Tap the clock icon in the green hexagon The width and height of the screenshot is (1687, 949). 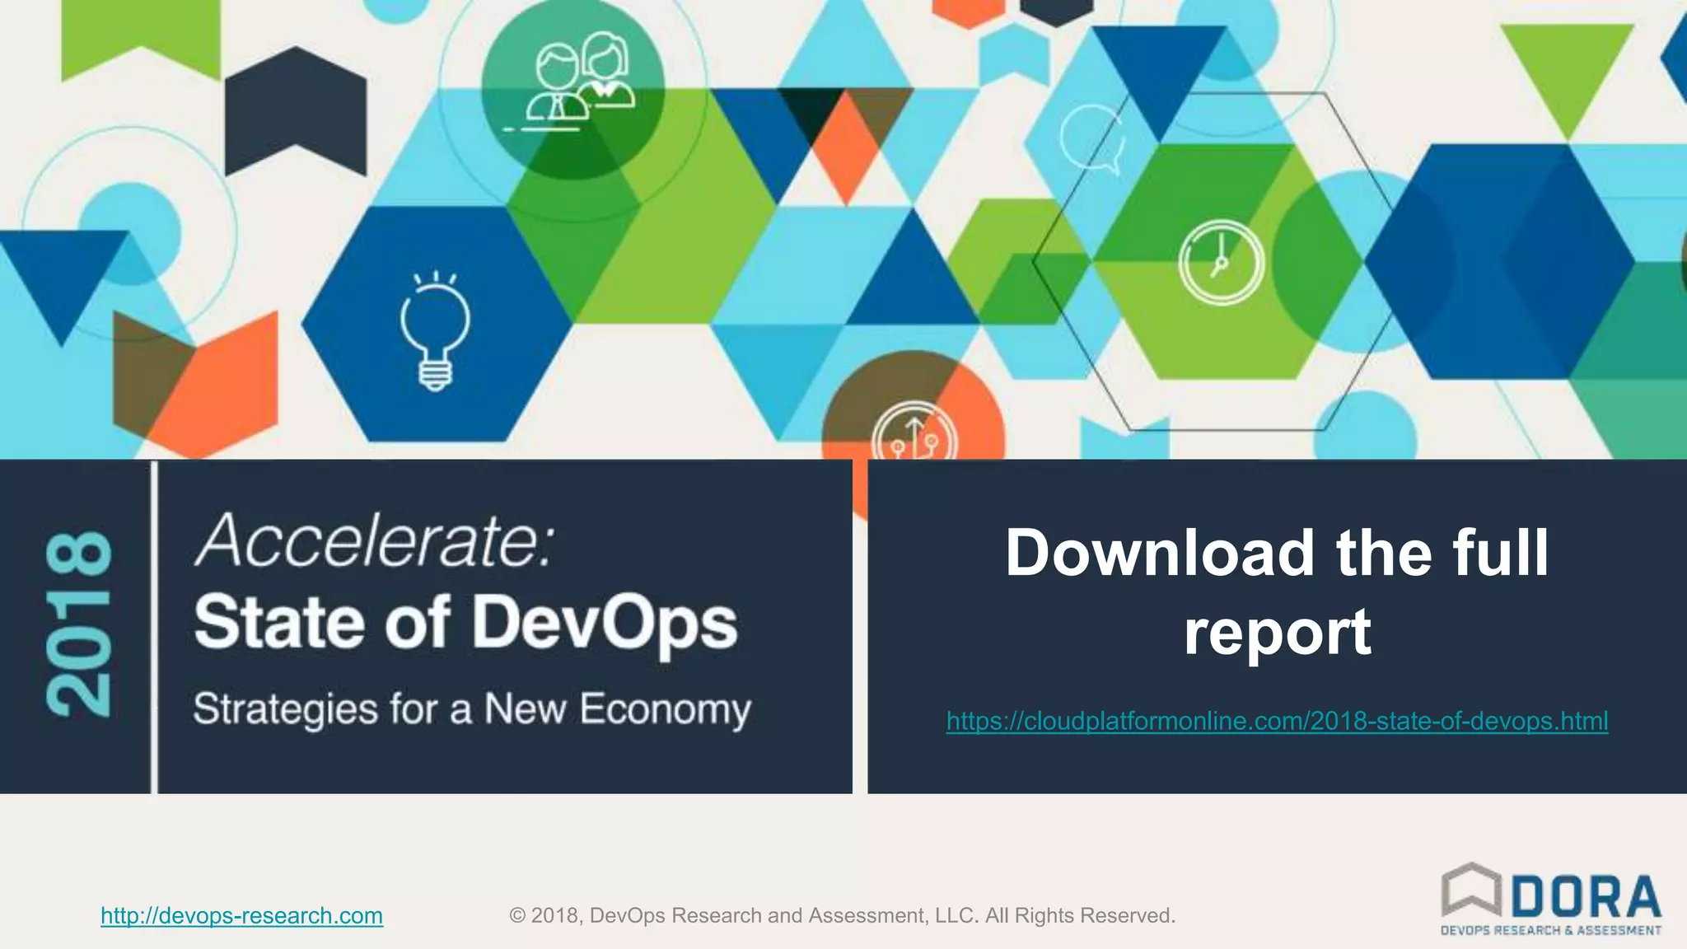pyautogui.click(x=1221, y=262)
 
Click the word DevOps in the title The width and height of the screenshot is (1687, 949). pyautogui.click(x=605, y=624)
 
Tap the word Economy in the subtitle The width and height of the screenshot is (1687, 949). pyautogui.click(x=666, y=709)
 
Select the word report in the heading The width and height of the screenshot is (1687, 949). pyautogui.click(x=1277, y=631)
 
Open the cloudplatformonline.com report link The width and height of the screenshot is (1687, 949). pyautogui.click(x=1277, y=721)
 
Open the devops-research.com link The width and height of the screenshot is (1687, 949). pyautogui.click(x=241, y=915)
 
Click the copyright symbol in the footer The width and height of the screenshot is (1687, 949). pyautogui.click(x=517, y=915)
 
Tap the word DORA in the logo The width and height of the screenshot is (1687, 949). pyautogui.click(x=1586, y=897)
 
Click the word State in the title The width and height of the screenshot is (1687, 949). pyautogui.click(x=279, y=624)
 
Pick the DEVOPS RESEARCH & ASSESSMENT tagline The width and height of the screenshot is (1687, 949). pyautogui.click(x=1550, y=931)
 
